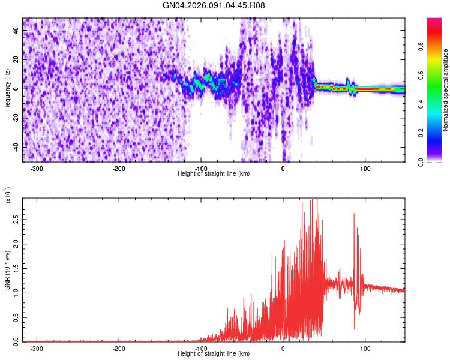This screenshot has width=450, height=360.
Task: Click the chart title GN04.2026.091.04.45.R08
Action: [214, 6]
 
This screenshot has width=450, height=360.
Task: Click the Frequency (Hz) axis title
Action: [7, 90]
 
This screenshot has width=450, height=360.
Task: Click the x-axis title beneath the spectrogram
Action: [214, 174]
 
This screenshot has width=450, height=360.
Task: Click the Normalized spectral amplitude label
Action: [446, 90]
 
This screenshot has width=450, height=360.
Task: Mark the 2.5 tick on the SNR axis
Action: [16, 221]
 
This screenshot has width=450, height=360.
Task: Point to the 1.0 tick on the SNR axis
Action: [16, 293]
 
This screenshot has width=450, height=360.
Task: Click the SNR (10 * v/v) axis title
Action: [7, 270]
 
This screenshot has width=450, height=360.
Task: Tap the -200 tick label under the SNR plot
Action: [119, 348]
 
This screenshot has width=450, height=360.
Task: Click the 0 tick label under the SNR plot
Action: [283, 348]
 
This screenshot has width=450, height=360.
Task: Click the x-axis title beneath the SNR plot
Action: [214, 354]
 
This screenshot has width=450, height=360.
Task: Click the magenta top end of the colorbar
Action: [434, 21]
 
